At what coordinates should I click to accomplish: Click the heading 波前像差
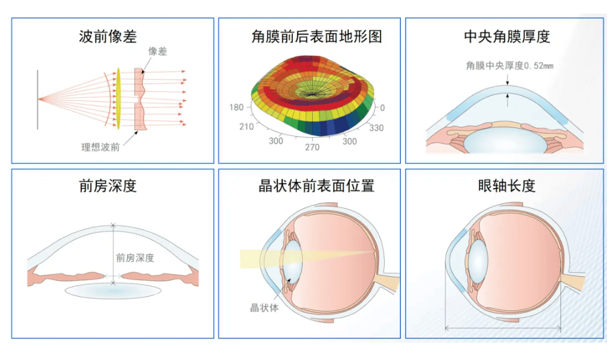pyautogui.click(x=108, y=37)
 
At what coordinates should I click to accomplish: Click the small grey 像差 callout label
pyautogui.click(x=157, y=52)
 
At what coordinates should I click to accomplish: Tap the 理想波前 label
pyautogui.click(x=101, y=147)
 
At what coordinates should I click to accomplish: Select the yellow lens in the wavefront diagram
pyautogui.click(x=118, y=99)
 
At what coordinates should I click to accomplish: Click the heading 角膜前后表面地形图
pyautogui.click(x=316, y=37)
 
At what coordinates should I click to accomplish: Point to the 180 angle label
pyautogui.click(x=236, y=107)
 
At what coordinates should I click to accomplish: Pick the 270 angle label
pyautogui.click(x=312, y=147)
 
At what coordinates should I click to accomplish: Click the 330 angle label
pyautogui.click(x=376, y=128)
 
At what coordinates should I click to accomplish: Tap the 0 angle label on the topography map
pyautogui.click(x=382, y=108)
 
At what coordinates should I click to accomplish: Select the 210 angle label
pyautogui.click(x=246, y=127)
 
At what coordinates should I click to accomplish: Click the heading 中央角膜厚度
pyautogui.click(x=507, y=37)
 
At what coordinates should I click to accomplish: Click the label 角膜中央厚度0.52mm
pyautogui.click(x=510, y=66)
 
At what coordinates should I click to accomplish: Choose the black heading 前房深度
pyautogui.click(x=108, y=186)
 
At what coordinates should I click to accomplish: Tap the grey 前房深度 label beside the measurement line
pyautogui.click(x=135, y=258)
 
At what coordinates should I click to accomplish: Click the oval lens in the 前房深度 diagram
pyautogui.click(x=113, y=291)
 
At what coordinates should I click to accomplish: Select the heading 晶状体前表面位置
pyautogui.click(x=316, y=186)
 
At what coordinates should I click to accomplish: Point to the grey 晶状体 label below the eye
pyautogui.click(x=264, y=308)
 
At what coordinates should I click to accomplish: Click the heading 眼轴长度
pyautogui.click(x=507, y=186)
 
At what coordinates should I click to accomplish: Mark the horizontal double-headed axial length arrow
pyautogui.click(x=503, y=328)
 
